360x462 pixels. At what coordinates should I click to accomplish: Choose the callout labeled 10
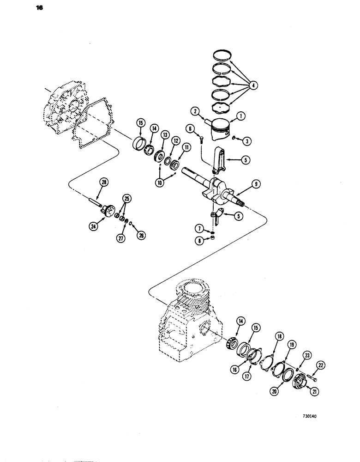pos(161,182)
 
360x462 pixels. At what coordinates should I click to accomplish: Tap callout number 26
pos(142,234)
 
